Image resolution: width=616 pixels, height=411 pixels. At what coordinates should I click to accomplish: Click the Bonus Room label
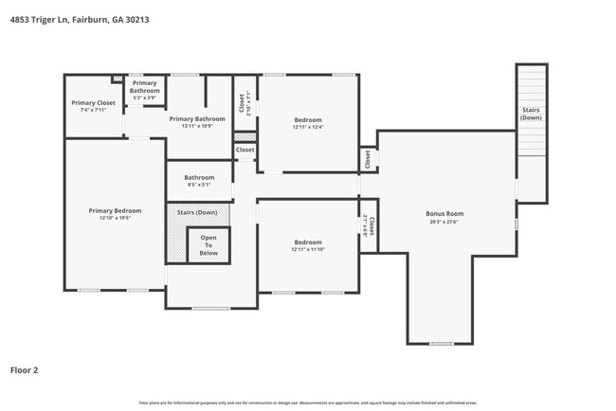pos(444,214)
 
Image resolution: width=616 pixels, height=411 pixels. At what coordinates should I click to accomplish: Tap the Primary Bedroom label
pos(115,210)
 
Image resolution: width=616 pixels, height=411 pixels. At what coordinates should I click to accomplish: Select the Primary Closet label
pos(93,102)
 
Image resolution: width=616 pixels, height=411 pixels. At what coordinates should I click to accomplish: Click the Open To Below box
pos(208,245)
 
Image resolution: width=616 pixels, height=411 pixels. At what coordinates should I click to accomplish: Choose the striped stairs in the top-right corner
pos(532,110)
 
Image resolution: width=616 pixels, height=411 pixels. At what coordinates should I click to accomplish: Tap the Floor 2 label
pos(24,369)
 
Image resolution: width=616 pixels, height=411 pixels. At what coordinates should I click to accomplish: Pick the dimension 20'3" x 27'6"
pos(444,222)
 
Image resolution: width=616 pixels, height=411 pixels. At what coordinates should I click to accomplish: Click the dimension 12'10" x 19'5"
pos(115,218)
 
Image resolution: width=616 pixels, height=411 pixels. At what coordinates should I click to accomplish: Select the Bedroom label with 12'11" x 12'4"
pos(307,120)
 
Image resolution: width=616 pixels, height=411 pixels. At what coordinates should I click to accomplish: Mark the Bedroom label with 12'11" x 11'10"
pos(307,242)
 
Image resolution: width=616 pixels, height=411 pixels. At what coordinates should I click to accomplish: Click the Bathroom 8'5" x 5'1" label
pos(199,177)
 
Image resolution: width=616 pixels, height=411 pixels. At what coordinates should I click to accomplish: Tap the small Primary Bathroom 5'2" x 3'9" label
pos(145,87)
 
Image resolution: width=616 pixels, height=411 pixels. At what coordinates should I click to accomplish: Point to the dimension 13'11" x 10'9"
pos(197,126)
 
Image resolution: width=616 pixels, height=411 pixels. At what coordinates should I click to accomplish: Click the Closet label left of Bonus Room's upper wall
pos(368,159)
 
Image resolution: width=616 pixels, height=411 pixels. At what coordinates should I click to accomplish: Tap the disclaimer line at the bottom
pos(307,402)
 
